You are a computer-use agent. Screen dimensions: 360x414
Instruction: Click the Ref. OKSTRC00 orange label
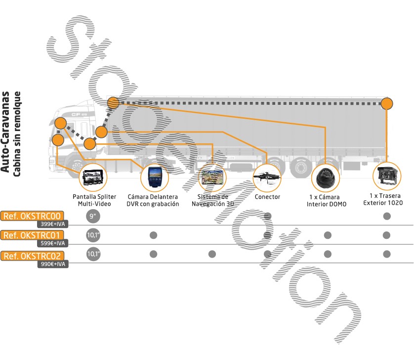tap(33, 216)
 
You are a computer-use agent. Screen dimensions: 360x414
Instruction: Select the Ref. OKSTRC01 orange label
tap(33, 235)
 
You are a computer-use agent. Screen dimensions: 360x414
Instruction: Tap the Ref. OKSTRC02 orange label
tap(33, 255)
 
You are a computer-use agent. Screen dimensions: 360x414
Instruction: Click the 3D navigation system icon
tap(212, 178)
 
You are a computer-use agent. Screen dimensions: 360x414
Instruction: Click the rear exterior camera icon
tap(387, 177)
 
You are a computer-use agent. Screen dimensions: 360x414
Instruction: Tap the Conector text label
tap(267, 197)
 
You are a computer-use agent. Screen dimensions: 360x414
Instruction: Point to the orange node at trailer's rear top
tap(387, 104)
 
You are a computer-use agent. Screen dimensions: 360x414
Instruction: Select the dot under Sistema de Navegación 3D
tap(212, 254)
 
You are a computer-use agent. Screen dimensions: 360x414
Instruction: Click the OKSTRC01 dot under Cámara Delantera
tap(153, 235)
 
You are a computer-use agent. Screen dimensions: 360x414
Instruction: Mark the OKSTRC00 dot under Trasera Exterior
tap(387, 216)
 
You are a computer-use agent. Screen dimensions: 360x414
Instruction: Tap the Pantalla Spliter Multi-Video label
tap(93, 200)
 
